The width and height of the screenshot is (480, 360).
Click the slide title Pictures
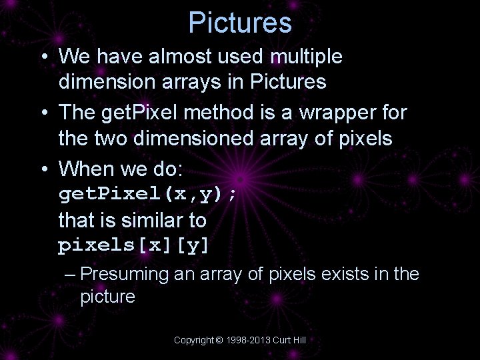(240, 23)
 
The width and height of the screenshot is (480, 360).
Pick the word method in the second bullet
(215, 113)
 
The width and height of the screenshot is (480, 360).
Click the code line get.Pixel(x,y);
(147, 195)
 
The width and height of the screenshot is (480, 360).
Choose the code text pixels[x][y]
(134, 245)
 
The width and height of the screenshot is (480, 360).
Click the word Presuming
(125, 274)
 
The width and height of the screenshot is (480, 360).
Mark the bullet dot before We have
(42, 57)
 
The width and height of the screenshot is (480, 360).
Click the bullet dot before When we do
(42, 169)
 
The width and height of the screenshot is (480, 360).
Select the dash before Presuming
(71, 274)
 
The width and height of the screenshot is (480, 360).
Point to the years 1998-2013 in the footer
(248, 340)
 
